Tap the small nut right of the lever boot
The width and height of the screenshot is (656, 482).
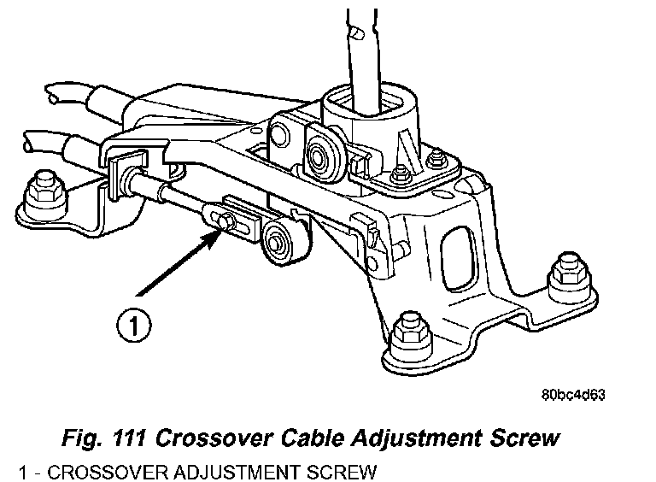[x=438, y=158]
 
